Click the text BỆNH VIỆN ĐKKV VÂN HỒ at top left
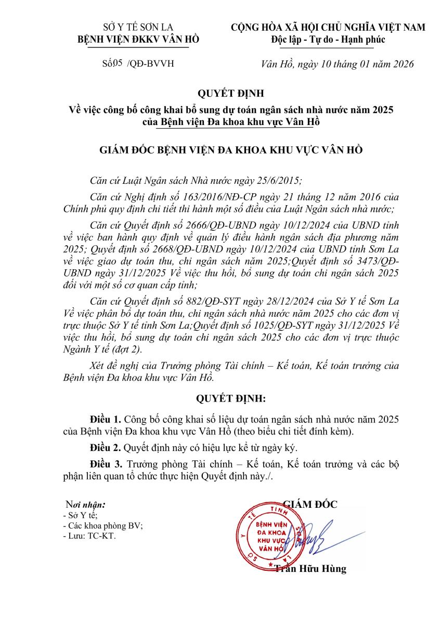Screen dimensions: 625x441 coord(138,40)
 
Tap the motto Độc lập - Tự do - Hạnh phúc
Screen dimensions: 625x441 coord(328,40)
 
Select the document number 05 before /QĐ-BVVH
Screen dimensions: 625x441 coord(117,64)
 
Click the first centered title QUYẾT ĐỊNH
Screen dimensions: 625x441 coord(231,94)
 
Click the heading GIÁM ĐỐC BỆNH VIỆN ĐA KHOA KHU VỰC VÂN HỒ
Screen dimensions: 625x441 coord(231,151)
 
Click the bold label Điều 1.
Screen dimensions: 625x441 coord(106,419)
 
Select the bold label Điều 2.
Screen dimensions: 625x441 coord(106,447)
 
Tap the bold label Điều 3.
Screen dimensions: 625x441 coord(106,464)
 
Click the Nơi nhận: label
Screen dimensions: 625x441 coord(85,505)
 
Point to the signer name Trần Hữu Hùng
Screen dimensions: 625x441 coord(310,569)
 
